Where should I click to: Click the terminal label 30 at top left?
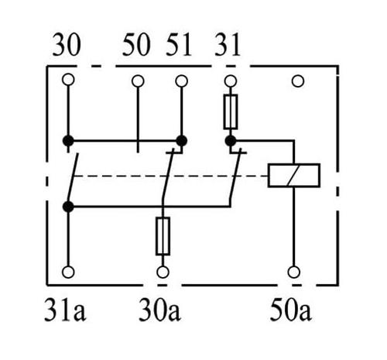pos(67,45)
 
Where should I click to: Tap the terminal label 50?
pos(136,45)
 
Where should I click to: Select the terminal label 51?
pos(179,45)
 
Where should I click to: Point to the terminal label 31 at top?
pos(228,45)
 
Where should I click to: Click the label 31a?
pos(65,310)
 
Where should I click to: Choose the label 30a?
pos(159,310)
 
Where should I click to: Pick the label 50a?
pos(291,310)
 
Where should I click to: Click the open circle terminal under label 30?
pos(68,80)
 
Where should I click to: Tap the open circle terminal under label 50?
pos(138,81)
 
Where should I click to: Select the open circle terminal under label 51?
pos(181,81)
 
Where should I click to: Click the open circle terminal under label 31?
pos(231,81)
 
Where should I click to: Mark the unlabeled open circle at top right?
pos(298,81)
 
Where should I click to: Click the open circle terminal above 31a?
pos(68,272)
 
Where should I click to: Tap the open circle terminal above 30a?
pos(163,272)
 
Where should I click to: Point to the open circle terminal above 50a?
pos(294,272)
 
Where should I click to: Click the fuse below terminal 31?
pos(231,111)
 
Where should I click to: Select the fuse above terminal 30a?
pos(163,236)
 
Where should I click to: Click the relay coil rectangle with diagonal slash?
pos(294,175)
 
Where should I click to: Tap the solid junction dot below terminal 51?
pos(181,141)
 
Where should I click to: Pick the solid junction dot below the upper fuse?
pos(231,141)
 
